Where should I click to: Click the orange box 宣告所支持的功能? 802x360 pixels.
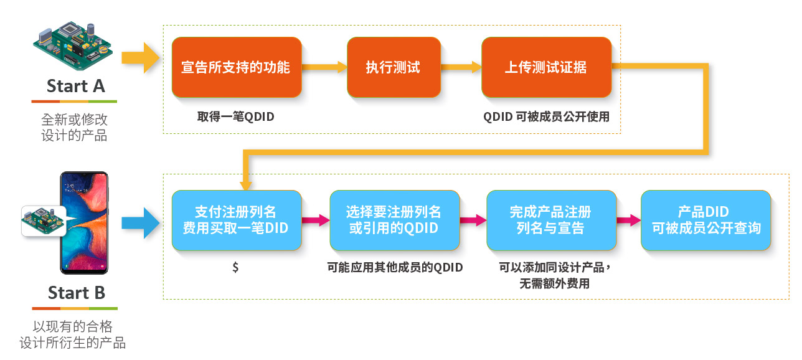click(237, 67)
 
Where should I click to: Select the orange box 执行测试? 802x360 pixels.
click(394, 67)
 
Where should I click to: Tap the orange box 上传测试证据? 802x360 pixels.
click(546, 67)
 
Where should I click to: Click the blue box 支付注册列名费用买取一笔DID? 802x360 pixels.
click(237, 220)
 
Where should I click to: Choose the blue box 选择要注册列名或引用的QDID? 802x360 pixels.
click(395, 220)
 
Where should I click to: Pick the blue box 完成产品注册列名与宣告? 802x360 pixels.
click(552, 220)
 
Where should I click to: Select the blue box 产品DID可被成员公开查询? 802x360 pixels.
click(705, 220)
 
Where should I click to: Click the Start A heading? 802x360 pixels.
click(76, 86)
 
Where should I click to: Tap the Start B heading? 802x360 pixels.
click(77, 293)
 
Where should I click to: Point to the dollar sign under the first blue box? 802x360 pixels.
click(235, 267)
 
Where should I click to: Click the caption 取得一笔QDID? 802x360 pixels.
click(235, 116)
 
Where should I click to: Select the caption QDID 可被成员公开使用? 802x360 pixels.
click(546, 116)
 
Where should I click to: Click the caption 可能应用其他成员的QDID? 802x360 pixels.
click(395, 267)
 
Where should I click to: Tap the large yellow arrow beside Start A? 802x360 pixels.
click(140, 58)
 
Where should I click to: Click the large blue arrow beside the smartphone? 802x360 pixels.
click(140, 223)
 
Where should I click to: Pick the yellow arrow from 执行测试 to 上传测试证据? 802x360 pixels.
click(461, 67)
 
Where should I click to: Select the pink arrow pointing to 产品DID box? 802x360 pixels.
click(629, 220)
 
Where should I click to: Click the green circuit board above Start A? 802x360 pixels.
click(73, 45)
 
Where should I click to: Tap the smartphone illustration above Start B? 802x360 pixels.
click(84, 223)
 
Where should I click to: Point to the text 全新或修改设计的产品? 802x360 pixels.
click(74, 127)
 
